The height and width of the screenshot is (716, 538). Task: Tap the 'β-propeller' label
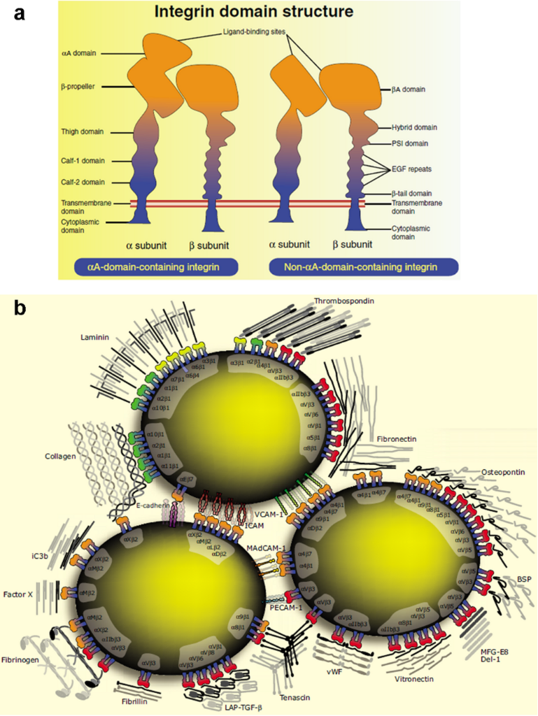78,87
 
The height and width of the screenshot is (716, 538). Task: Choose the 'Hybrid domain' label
414,127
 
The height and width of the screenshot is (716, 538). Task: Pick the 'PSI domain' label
411,144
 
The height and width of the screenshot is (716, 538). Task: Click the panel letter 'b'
20,308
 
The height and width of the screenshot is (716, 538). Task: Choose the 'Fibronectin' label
397,438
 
